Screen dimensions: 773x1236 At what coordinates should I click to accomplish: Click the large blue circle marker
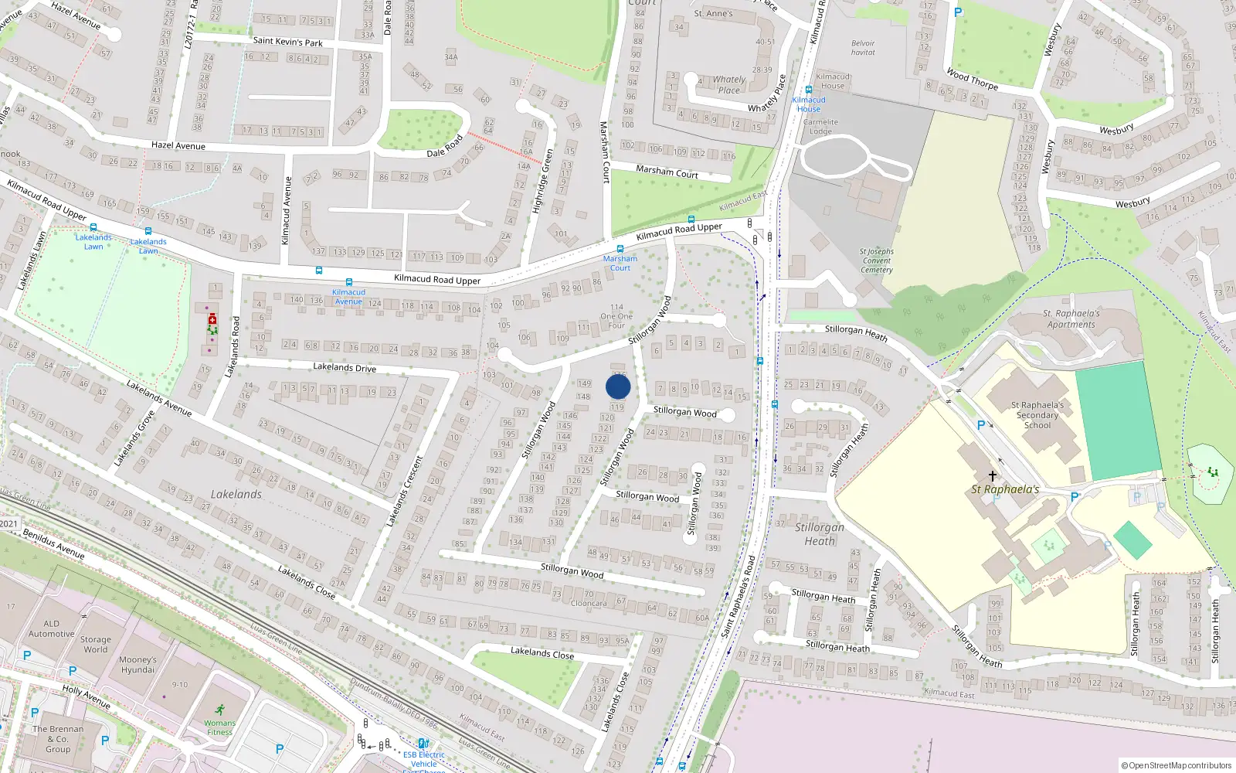pos(618,386)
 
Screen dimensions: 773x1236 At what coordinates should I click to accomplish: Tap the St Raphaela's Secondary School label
pos(1037,415)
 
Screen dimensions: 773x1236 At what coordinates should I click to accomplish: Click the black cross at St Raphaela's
pos(993,475)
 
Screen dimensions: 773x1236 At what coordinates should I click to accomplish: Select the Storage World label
pos(96,645)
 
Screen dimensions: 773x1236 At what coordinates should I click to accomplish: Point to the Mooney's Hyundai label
pos(138,665)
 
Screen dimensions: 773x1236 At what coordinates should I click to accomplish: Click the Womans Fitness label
pos(219,727)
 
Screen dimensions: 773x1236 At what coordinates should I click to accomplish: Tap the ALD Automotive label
pos(52,628)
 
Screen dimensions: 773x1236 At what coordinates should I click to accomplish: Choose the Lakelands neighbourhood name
pos(236,494)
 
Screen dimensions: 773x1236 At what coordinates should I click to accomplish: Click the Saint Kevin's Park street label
pos(288,42)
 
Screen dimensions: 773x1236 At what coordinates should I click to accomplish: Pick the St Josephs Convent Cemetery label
pos(877,261)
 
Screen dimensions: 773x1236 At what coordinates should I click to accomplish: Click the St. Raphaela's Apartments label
pos(1071,319)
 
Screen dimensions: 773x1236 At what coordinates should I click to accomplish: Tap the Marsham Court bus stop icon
pos(620,249)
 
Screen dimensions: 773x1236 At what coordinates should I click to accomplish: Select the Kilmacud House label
pos(809,104)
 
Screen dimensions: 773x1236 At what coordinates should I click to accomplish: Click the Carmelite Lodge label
pos(820,127)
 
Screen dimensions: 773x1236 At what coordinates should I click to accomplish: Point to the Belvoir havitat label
pos(863,48)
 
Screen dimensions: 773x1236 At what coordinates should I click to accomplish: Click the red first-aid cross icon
pos(212,319)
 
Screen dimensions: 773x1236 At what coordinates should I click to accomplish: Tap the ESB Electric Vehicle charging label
pos(424,759)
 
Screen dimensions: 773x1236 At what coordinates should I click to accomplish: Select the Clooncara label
pos(589,604)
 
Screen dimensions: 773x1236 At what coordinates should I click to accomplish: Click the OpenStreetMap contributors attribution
pos(1177,765)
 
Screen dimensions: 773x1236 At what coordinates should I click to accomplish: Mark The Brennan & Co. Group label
pos(58,739)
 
